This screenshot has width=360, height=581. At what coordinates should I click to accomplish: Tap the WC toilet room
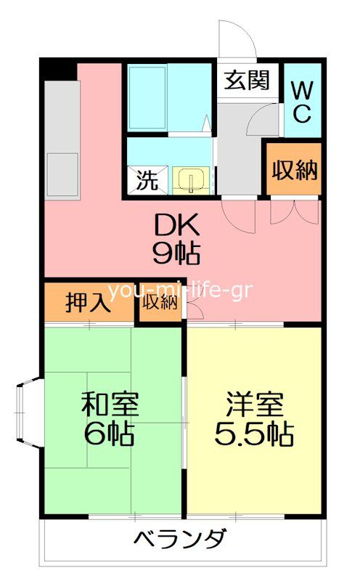[x=303, y=102]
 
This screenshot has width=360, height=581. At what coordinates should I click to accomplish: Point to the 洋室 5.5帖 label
[x=254, y=419]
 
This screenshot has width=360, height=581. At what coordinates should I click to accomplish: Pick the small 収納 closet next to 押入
[x=160, y=302]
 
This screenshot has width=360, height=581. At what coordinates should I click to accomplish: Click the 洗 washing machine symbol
[x=147, y=179]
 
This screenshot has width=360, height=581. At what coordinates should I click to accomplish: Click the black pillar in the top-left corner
[x=58, y=70]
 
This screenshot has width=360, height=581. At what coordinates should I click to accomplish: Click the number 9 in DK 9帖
[x=161, y=253]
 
